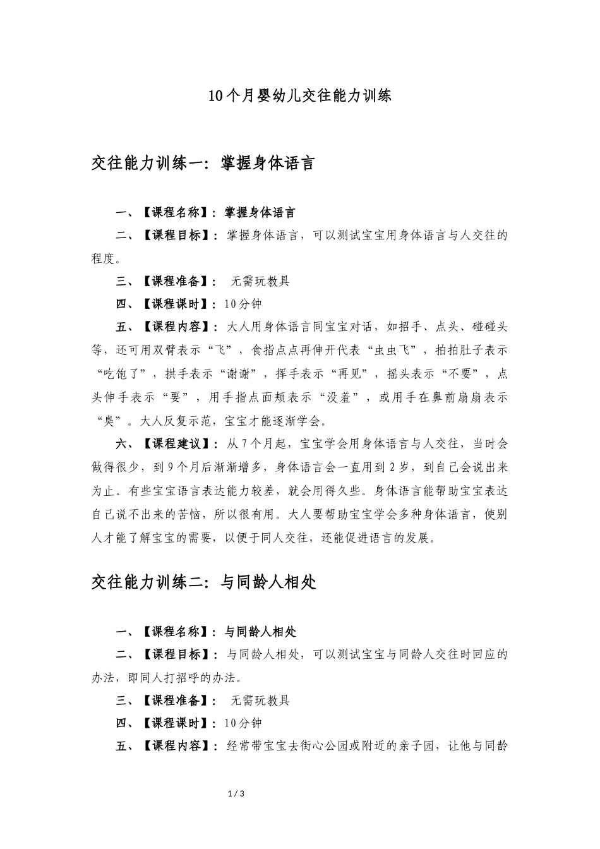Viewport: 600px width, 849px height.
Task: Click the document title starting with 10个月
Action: coord(299,96)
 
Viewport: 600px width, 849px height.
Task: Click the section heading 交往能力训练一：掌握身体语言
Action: coord(203,164)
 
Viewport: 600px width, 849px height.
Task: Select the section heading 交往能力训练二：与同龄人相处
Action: coord(203,582)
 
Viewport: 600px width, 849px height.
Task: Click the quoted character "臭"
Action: coord(109,421)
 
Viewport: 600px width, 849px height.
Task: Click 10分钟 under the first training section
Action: coord(243,304)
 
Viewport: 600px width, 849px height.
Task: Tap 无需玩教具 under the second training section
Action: coord(260,700)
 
